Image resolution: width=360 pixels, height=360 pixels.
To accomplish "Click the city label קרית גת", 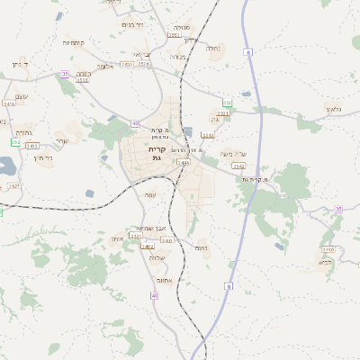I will [157, 153].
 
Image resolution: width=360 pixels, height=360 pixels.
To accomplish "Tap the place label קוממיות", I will [73, 43].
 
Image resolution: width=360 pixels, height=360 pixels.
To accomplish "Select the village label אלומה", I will [105, 67].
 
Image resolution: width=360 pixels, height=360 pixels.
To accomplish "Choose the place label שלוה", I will [157, 258].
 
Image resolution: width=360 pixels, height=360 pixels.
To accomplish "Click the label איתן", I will [116, 238].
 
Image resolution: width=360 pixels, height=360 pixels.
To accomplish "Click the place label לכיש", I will [325, 262].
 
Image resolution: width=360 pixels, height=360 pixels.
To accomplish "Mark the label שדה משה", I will [231, 154].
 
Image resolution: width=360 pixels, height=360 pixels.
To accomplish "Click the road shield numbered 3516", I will [83, 80].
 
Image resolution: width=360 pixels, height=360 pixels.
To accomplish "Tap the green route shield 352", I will [15, 143].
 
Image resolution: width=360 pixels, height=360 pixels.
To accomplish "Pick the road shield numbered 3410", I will [9, 104].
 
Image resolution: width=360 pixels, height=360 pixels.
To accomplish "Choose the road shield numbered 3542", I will [238, 166].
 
